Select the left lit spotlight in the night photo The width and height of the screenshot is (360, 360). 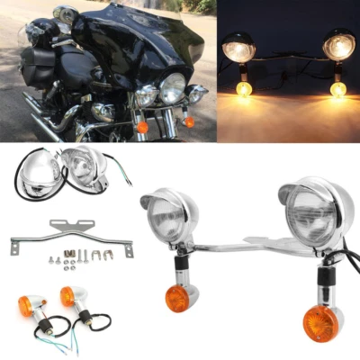click(239, 50)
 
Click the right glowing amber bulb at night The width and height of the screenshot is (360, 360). click(337, 88)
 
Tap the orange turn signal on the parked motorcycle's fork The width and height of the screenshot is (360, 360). click(142, 127)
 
